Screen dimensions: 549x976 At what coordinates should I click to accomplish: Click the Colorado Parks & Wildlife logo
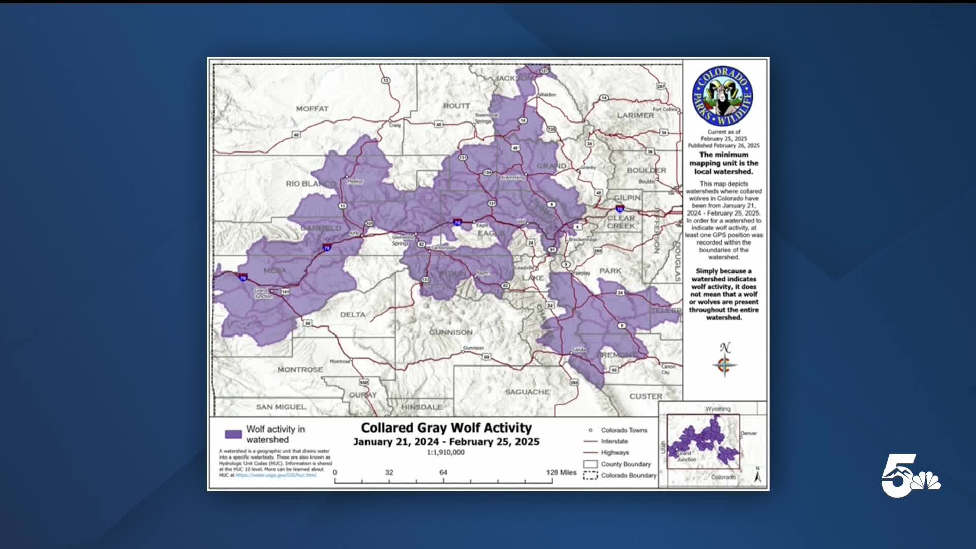coord(722,96)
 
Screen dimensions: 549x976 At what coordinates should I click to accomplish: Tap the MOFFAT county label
coord(312,108)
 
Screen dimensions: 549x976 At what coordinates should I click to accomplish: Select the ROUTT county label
coord(456,105)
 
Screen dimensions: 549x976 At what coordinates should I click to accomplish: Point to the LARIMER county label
coord(635,115)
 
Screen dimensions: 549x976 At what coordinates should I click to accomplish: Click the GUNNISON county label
coord(450,332)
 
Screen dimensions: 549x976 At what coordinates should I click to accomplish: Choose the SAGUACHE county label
coord(527,392)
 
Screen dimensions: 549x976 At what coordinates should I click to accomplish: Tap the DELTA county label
coord(352,315)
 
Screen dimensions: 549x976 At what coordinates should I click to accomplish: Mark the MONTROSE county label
coord(300,369)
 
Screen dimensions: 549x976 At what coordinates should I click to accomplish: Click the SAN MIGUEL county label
coord(281,407)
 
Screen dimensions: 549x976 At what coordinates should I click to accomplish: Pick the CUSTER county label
coord(646,396)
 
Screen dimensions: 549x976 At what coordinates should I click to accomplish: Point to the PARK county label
coord(609,271)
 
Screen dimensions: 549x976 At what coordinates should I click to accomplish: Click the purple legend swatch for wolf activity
coord(233,434)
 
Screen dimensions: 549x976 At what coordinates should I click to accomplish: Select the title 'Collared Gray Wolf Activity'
coord(446,428)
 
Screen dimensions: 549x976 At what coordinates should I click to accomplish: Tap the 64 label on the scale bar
coord(443,472)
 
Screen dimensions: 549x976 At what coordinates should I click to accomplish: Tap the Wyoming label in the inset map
coord(718,409)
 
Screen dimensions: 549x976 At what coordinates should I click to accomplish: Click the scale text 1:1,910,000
coord(445,452)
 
